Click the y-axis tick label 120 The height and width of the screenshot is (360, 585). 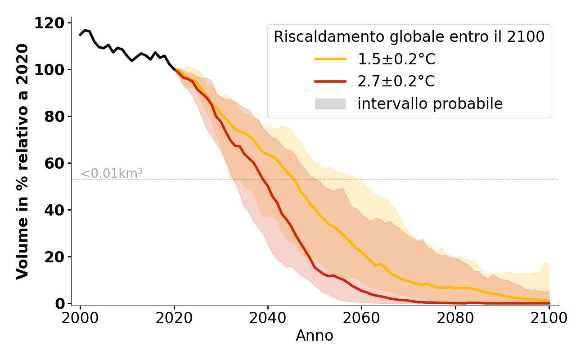[49, 23]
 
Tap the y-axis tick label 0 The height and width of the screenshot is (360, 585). [60, 304]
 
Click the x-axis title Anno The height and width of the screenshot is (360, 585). [315, 336]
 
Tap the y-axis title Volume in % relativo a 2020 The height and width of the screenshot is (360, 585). [22, 162]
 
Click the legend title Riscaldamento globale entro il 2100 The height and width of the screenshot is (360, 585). [409, 37]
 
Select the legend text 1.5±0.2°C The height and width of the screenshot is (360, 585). [396, 59]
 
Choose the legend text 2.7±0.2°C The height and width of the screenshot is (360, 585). [396, 81]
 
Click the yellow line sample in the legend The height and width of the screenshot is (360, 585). [330, 59]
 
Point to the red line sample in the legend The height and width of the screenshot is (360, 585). [330, 81]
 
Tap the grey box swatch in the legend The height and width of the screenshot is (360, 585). [330, 104]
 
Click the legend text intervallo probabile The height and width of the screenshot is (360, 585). [430, 104]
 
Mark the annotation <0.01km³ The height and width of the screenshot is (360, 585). [112, 173]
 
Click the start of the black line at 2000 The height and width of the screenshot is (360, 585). [81, 35]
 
